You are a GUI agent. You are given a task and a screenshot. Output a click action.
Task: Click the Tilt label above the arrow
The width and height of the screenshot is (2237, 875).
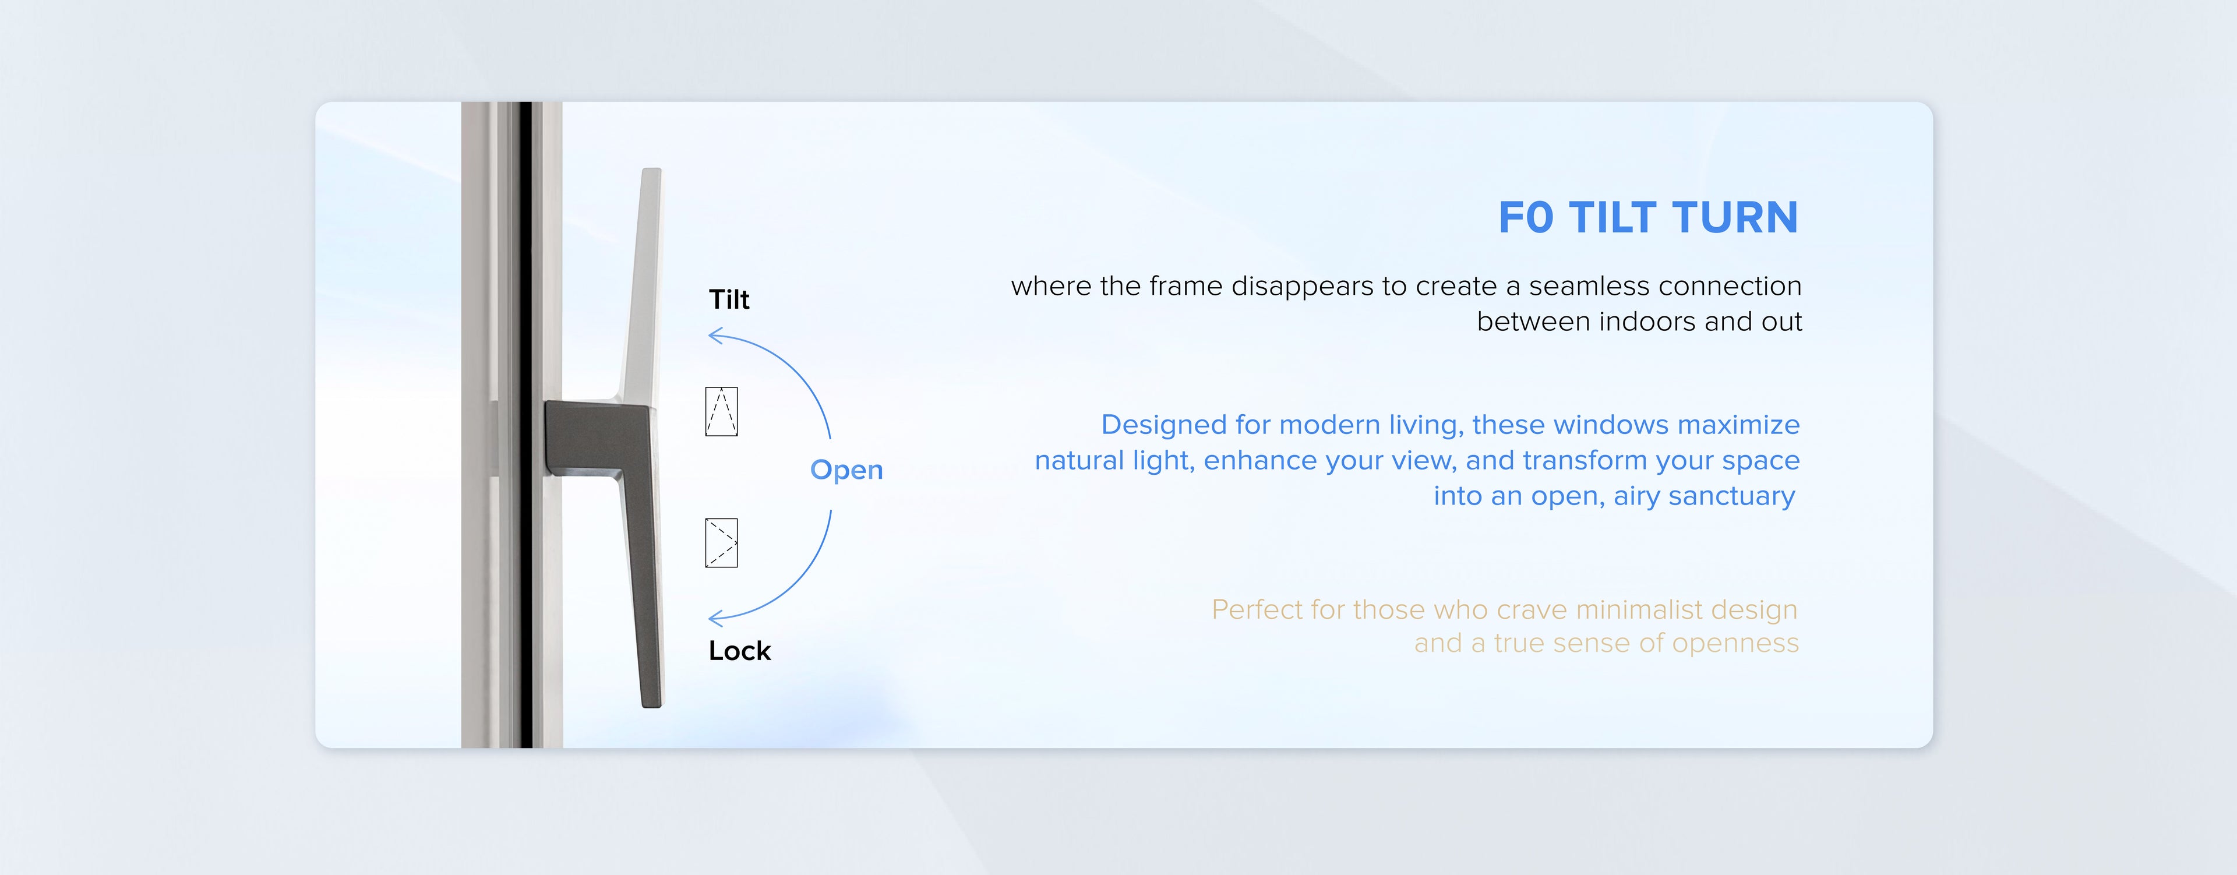click(x=729, y=299)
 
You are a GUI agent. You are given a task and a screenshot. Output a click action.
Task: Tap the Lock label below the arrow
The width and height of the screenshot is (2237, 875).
click(x=739, y=651)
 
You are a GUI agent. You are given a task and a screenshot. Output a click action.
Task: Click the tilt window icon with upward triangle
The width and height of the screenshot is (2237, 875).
click(x=722, y=411)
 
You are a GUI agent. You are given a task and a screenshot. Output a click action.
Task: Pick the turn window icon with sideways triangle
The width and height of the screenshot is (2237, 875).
click(x=722, y=544)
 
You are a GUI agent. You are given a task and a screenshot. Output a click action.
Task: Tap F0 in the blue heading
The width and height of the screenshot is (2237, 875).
click(x=1526, y=217)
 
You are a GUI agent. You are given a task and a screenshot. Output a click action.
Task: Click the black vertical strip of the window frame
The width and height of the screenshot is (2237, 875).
click(x=526, y=425)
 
